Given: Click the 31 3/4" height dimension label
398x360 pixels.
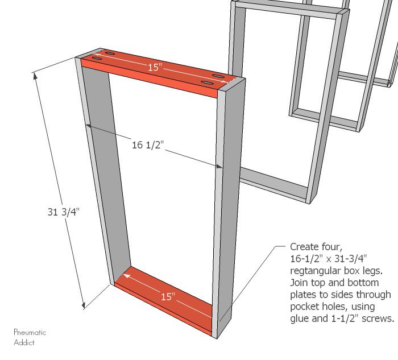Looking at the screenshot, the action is tap(64, 212).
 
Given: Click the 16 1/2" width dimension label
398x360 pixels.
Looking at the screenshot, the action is tap(148, 145).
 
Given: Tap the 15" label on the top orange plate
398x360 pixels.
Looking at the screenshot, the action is tap(155, 67).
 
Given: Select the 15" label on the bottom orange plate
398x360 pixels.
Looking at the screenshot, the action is tap(168, 296).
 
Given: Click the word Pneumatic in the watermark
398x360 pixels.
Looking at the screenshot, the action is tap(30, 332).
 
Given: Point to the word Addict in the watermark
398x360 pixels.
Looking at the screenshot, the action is tap(24, 342).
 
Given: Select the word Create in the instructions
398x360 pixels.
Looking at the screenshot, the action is tap(305, 247).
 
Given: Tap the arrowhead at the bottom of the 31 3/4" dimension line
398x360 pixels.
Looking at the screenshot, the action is tap(83, 306).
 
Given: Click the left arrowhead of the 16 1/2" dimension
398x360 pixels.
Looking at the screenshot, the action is tap(88, 126).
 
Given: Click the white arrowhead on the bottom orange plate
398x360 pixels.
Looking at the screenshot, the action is tap(127, 276).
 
